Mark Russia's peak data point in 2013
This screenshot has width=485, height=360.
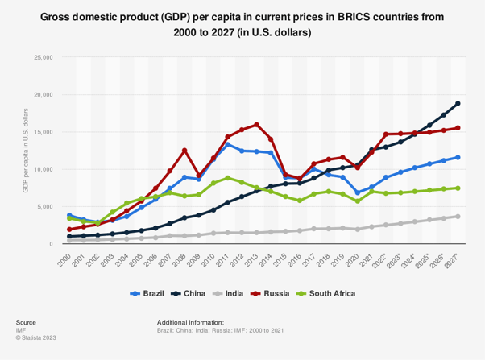click(x=257, y=125)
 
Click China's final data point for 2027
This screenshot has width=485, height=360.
click(x=458, y=103)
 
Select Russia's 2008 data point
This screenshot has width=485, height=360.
click(x=184, y=150)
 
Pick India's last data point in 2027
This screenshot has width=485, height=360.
click(x=458, y=216)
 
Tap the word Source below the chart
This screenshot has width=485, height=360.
click(x=27, y=320)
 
